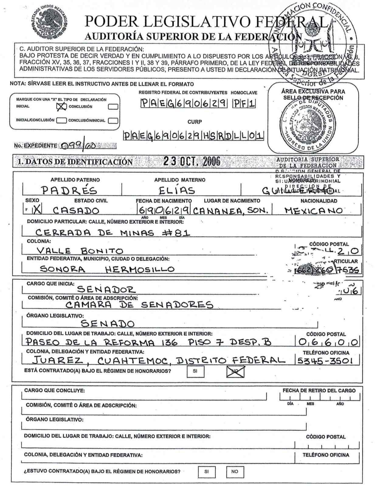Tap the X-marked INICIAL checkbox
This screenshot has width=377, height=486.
coord(62,106)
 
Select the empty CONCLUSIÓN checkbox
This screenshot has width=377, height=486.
coord(113,107)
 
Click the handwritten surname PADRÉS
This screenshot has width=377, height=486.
coord(69,191)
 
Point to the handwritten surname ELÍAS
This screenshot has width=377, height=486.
coord(177,191)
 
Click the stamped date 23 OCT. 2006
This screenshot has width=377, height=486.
coord(192,161)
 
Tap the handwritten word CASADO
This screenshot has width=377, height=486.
coord(76,211)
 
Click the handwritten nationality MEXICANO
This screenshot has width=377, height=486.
coord(313,211)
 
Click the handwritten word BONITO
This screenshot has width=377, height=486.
coord(102,251)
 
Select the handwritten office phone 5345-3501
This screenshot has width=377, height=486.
coord(325,361)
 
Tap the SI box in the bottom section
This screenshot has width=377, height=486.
coord(206,472)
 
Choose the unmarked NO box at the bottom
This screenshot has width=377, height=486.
coord(235,472)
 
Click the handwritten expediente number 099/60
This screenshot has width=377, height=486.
coord(78,146)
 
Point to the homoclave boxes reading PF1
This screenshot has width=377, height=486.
coord(244,104)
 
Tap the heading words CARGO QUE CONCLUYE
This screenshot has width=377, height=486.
coord(54,390)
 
